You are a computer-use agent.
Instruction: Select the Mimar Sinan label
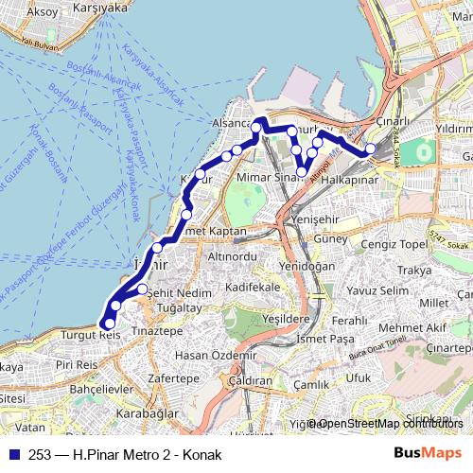pyautogui.click(x=268, y=176)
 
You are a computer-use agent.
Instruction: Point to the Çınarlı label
pyautogui.click(x=393, y=121)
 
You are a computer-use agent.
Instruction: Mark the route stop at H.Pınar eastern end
pyautogui.click(x=371, y=149)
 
